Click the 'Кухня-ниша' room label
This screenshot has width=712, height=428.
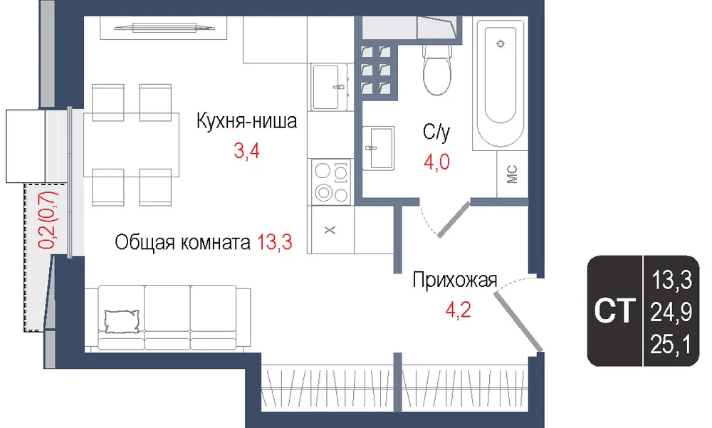tap(246, 121)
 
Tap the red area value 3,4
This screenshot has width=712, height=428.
tap(246, 151)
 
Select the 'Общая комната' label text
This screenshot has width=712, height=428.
tap(182, 243)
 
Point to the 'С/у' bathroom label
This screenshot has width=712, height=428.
tap(436, 132)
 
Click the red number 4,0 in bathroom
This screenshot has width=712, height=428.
tap(437, 162)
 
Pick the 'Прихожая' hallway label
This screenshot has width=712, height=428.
tap(455, 281)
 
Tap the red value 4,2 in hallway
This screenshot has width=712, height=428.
tap(458, 310)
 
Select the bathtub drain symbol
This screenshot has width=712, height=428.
tap(501, 43)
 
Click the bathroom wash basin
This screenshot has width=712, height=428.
tap(378, 148)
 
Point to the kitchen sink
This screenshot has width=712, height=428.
tap(330, 87)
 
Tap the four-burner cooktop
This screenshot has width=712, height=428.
tap(330, 182)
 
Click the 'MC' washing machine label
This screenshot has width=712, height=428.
tap(512, 174)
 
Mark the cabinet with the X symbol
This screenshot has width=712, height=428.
tap(330, 229)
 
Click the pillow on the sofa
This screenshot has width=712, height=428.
tap(122, 322)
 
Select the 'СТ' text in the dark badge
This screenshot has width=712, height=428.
tap(614, 310)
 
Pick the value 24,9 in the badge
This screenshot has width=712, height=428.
tap(671, 313)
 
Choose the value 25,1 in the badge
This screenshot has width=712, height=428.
tap(671, 345)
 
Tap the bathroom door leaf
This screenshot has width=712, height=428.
tap(453, 219)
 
